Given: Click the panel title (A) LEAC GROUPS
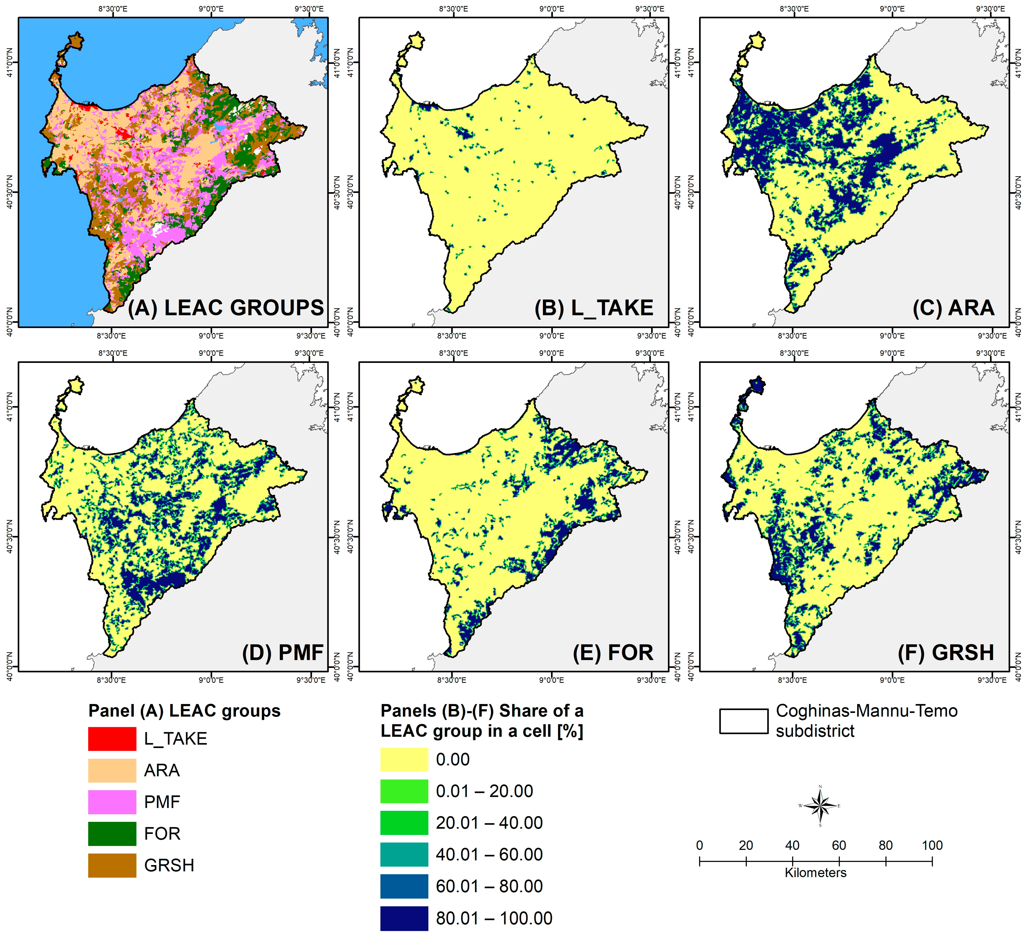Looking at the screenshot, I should pos(225,308).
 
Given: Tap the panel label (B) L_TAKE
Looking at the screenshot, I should pos(594,308).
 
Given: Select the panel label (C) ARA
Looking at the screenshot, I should pos(953,308).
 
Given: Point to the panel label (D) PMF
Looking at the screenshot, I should pos(283,652).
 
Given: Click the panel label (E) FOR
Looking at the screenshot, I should pos(613,652).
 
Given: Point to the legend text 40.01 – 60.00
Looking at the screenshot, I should pos(489,855).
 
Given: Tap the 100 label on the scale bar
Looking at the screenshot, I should pos(932,846).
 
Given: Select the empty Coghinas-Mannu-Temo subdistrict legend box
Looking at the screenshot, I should pos(744,721).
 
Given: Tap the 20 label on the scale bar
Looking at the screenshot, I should pos(746,846).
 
